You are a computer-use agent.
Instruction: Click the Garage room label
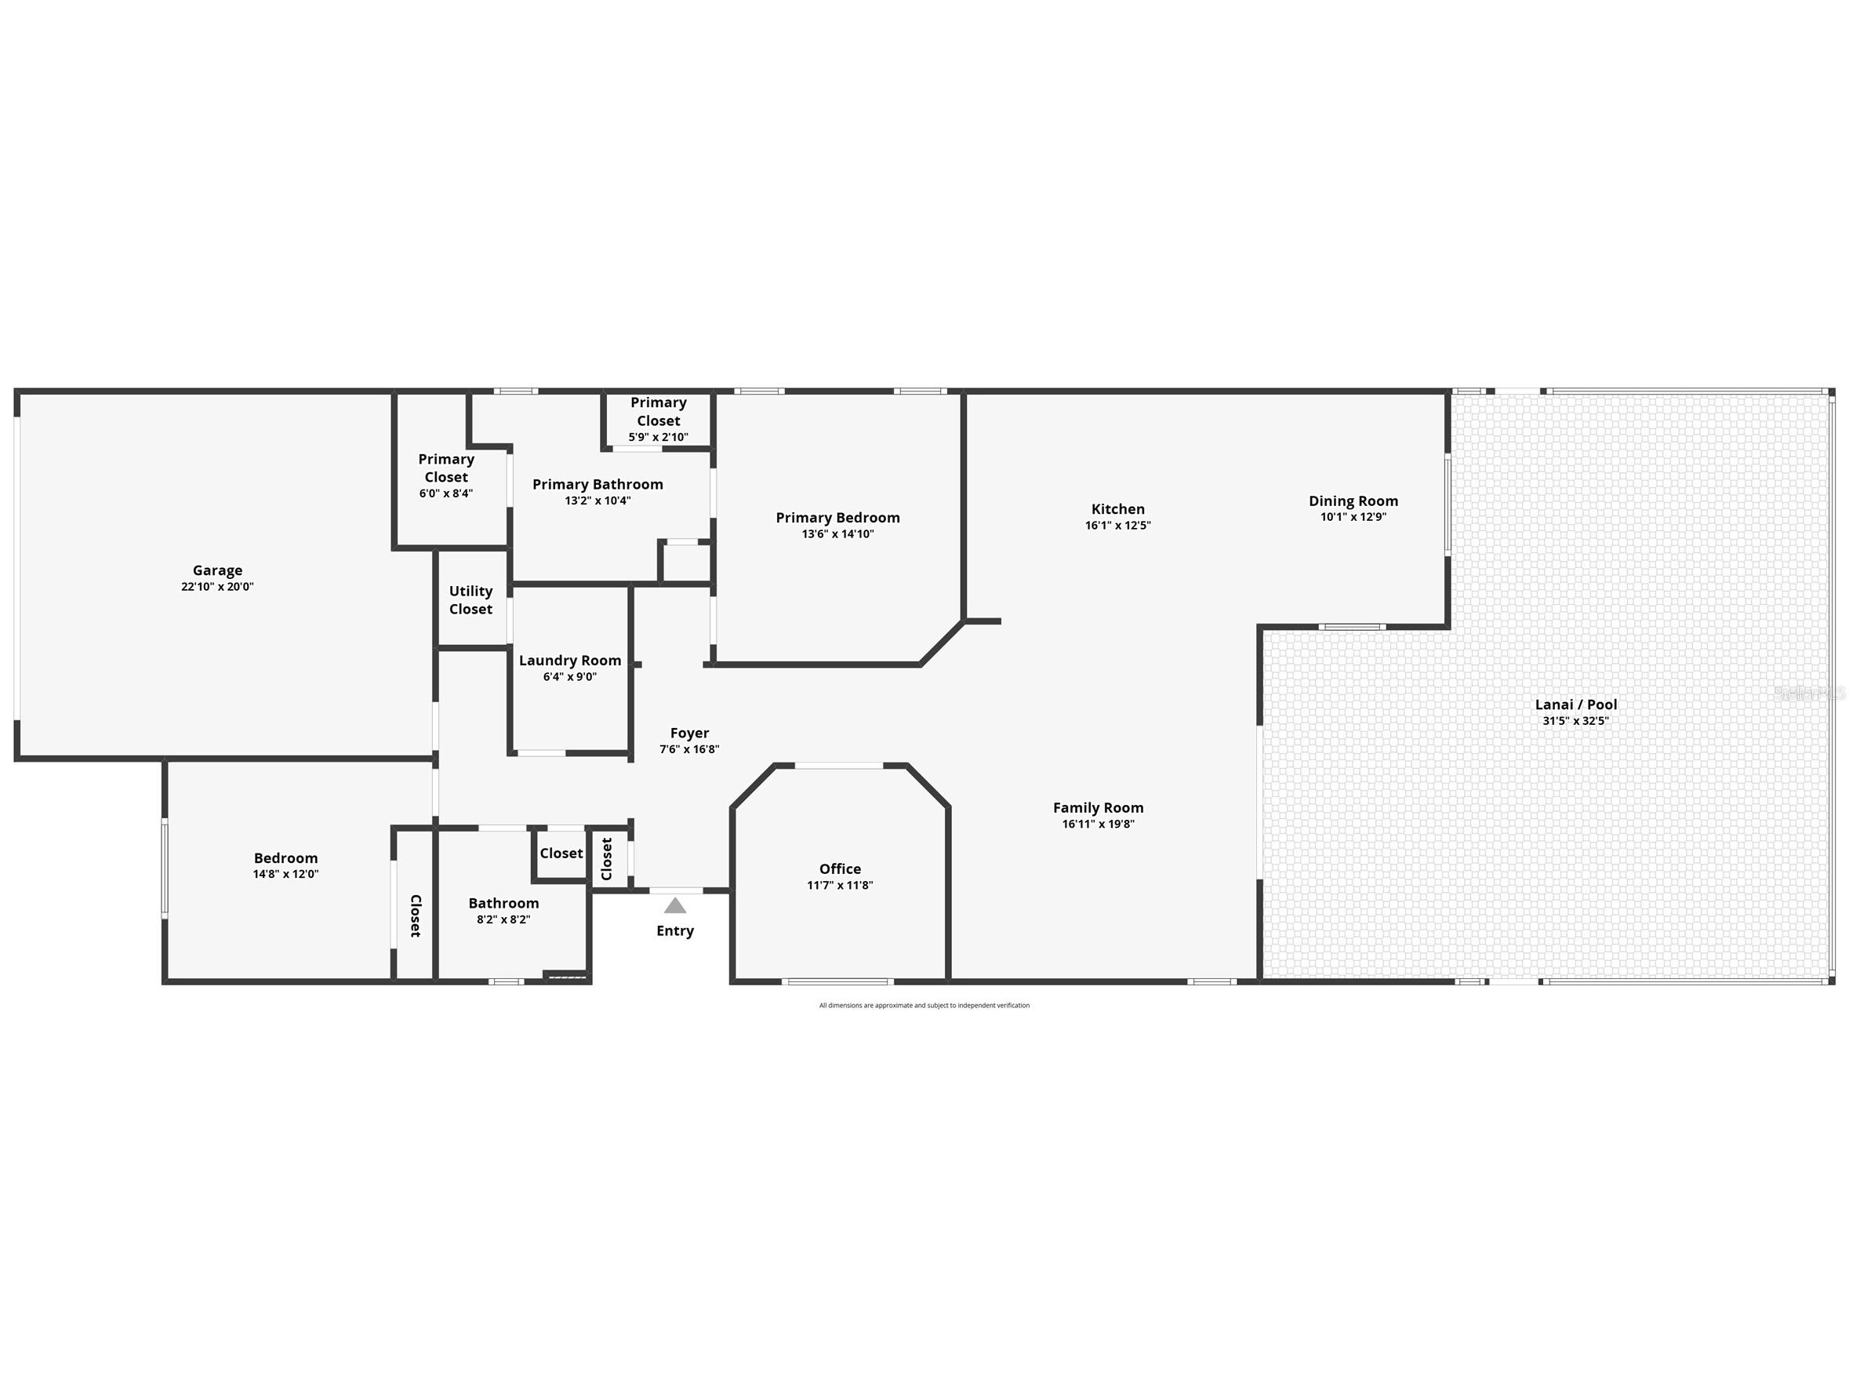[217, 570]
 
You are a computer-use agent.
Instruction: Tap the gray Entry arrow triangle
[675, 905]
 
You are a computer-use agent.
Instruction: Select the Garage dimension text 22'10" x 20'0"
[217, 587]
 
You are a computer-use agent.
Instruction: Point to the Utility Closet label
[470, 600]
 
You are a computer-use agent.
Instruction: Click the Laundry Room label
[570, 661]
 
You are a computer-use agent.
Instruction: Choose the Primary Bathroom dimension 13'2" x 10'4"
[598, 501]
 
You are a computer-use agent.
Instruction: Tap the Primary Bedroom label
[837, 518]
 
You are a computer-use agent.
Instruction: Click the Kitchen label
[1117, 509]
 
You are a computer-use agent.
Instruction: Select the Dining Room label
[1353, 501]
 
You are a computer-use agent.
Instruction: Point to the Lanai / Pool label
[1575, 704]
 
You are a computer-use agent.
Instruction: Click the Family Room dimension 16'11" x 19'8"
[1099, 825]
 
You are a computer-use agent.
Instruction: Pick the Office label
[840, 868]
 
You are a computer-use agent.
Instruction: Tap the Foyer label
[689, 734]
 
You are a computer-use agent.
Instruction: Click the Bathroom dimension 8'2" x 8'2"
[503, 919]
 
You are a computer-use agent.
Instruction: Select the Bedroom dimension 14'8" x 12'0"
[286, 875]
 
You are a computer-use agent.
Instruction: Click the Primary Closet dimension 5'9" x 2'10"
[659, 437]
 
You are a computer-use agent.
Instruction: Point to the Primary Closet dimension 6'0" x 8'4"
[446, 493]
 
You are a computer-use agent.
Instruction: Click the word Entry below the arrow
[675, 930]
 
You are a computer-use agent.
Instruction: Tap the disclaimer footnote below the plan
[924, 1006]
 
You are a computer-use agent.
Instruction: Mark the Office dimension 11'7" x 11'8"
[840, 886]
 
